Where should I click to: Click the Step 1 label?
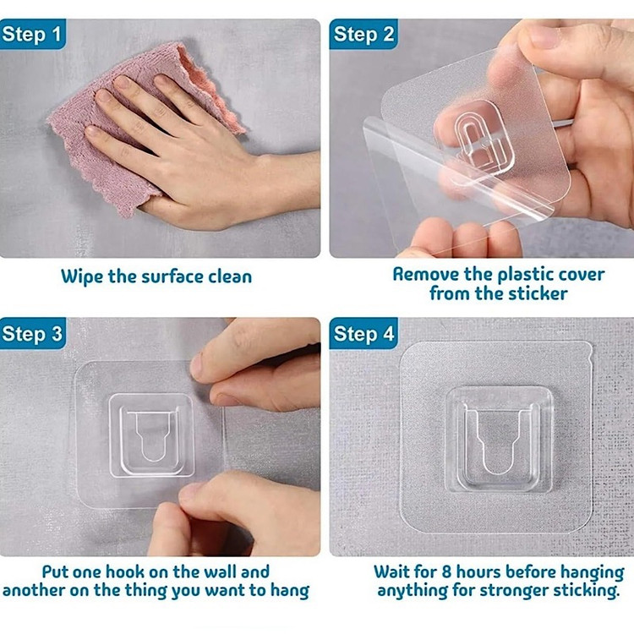point(32,35)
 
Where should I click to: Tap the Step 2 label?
point(363,35)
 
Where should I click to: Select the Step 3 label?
point(32,334)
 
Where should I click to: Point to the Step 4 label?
point(363,334)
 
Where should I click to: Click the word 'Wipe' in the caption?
point(82,276)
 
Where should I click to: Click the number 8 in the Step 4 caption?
point(446,572)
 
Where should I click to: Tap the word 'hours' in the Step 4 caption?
point(478,572)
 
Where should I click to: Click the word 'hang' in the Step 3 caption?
point(289,591)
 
